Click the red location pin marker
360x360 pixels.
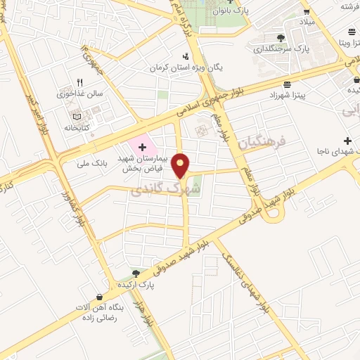(182, 165)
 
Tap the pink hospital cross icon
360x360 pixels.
(143, 147)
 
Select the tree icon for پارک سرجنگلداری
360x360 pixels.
(281, 37)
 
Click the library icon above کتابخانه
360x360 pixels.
(77, 115)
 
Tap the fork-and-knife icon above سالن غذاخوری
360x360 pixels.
(79, 82)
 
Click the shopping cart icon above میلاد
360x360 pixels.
(307, 11)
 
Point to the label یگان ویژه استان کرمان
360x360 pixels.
(185, 68)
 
